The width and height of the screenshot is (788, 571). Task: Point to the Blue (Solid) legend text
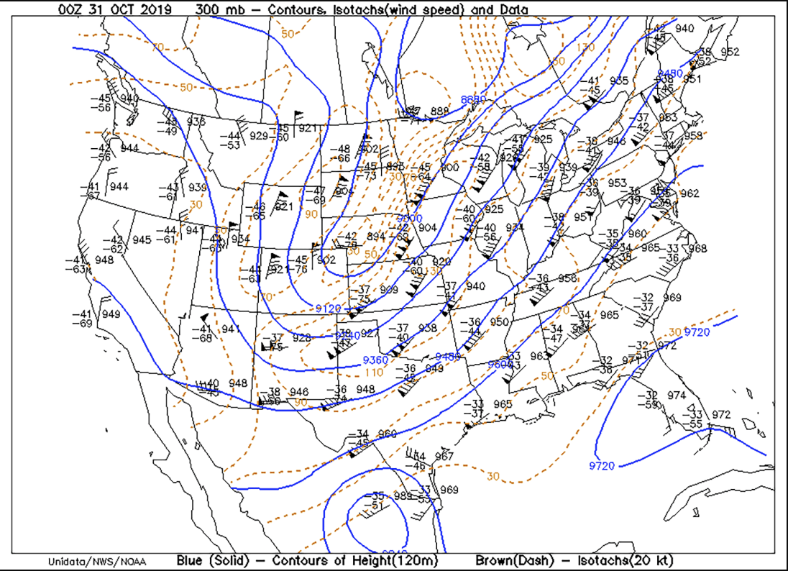tap(209, 560)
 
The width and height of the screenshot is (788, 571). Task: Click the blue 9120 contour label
tap(328, 309)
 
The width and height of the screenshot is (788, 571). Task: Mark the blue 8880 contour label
tap(474, 99)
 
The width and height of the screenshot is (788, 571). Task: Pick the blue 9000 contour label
tap(411, 218)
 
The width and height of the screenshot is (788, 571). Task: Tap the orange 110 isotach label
tap(374, 373)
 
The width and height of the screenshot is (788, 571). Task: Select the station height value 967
tap(444, 456)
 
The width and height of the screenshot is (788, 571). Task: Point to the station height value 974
tap(677, 395)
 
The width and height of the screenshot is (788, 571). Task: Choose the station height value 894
tap(376, 236)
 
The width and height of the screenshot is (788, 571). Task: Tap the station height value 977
tap(631, 359)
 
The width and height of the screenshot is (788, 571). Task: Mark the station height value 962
tap(689, 193)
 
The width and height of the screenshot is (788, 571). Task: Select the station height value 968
tap(698, 249)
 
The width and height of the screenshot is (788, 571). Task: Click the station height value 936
tap(196, 121)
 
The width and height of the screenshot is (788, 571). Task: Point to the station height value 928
tap(302, 337)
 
